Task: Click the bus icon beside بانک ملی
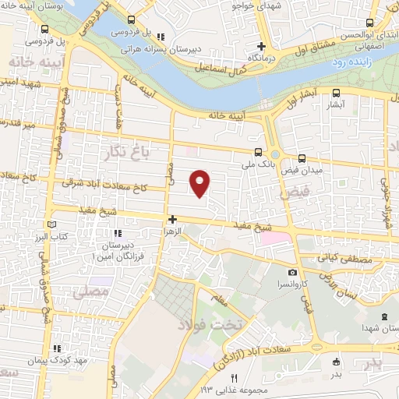(x=258, y=153)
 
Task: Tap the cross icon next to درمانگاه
(x=262, y=47)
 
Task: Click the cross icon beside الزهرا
(x=172, y=220)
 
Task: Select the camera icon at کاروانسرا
(x=292, y=273)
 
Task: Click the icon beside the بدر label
(x=336, y=361)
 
